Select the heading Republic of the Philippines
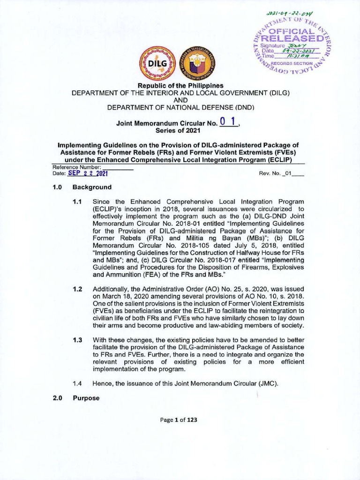[180, 85]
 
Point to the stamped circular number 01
[229, 122]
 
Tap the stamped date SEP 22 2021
[88, 173]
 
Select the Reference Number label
[77, 167]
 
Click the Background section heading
[92, 187]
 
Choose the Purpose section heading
[86, 398]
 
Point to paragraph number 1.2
[77, 291]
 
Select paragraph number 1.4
[77, 383]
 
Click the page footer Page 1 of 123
[180, 420]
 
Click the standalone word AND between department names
[180, 100]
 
